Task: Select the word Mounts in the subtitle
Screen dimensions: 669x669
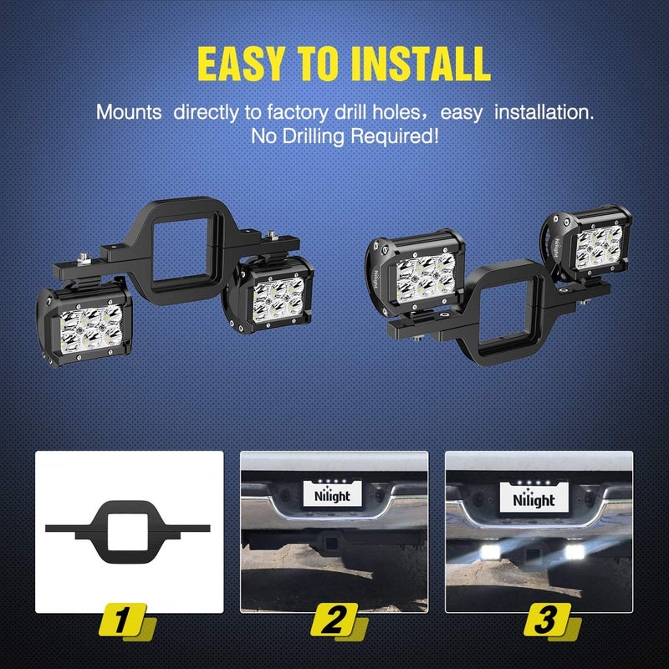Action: click(x=129, y=111)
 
